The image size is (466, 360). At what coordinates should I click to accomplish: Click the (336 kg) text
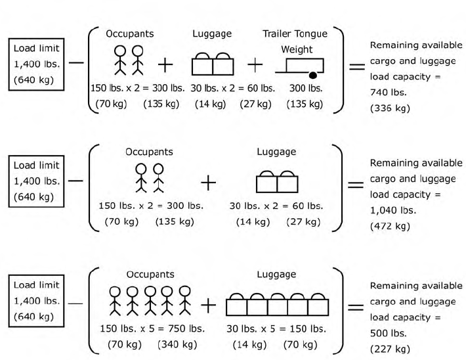(390, 108)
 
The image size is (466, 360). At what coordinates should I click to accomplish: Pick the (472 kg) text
(390, 226)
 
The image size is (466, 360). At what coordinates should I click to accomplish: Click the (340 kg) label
(177, 343)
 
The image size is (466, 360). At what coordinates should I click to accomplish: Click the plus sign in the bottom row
(207, 305)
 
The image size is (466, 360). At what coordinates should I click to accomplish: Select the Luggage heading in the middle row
(276, 152)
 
